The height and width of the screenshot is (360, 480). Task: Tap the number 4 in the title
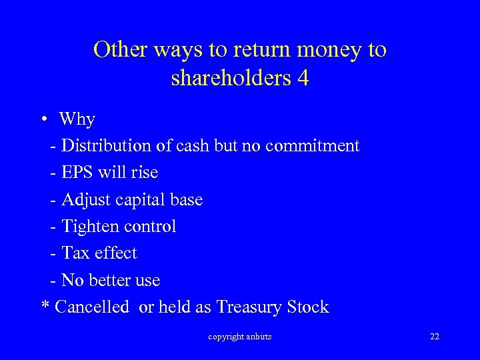(x=303, y=78)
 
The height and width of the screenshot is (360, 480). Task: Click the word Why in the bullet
(x=77, y=119)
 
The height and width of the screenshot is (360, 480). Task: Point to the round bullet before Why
(x=43, y=119)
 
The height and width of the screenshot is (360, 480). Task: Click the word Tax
(x=75, y=253)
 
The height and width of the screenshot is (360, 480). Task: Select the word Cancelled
(x=92, y=307)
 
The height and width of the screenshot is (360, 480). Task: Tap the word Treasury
(x=249, y=307)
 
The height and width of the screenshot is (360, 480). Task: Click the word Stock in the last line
(x=307, y=307)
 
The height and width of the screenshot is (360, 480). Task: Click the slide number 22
(x=435, y=337)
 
